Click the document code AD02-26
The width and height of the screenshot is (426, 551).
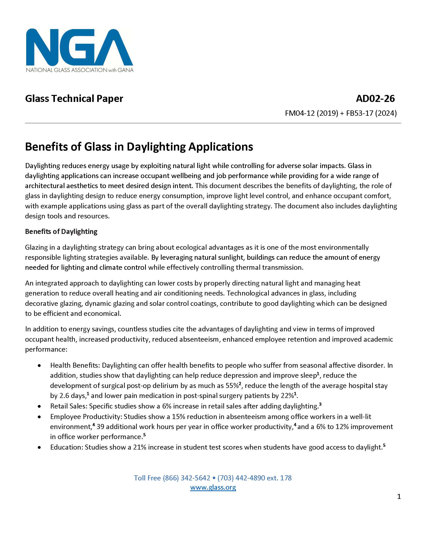tap(375, 98)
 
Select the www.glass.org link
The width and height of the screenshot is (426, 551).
tap(213, 487)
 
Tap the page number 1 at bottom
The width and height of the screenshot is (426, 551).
tap(399, 496)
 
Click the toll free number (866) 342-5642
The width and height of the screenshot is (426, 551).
tap(186, 478)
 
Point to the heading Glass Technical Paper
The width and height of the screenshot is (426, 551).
tap(74, 98)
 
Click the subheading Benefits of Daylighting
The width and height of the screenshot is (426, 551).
tap(61, 231)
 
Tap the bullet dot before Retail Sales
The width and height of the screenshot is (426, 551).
tap(39, 406)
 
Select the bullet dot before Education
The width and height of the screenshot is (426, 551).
tap(39, 447)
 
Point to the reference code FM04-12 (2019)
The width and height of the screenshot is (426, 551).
tap(311, 113)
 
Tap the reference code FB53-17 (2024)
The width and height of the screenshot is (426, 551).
tap(371, 113)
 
